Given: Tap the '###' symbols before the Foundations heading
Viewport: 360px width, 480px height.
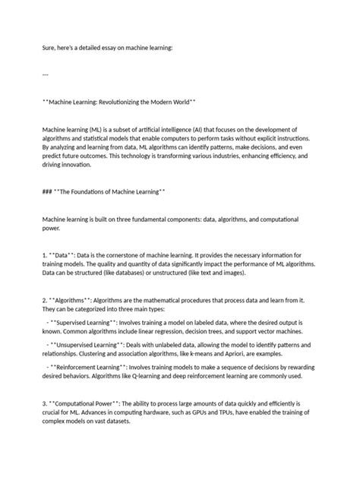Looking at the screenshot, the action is click(x=49, y=192).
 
